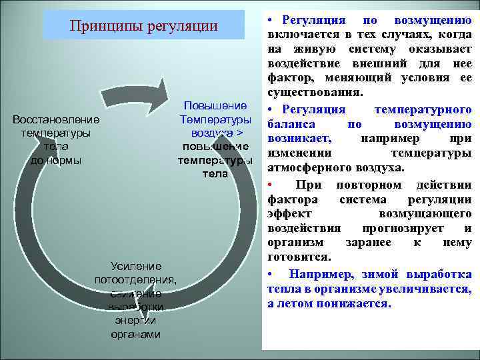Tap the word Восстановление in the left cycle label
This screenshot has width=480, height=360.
(56, 120)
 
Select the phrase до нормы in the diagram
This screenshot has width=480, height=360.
(56, 161)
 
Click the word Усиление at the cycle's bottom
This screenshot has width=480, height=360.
(136, 266)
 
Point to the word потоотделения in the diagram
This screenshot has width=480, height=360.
(135, 279)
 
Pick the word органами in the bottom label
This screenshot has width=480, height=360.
(136, 334)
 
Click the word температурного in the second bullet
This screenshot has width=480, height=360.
(423, 109)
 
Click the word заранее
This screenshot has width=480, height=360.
(368, 243)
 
